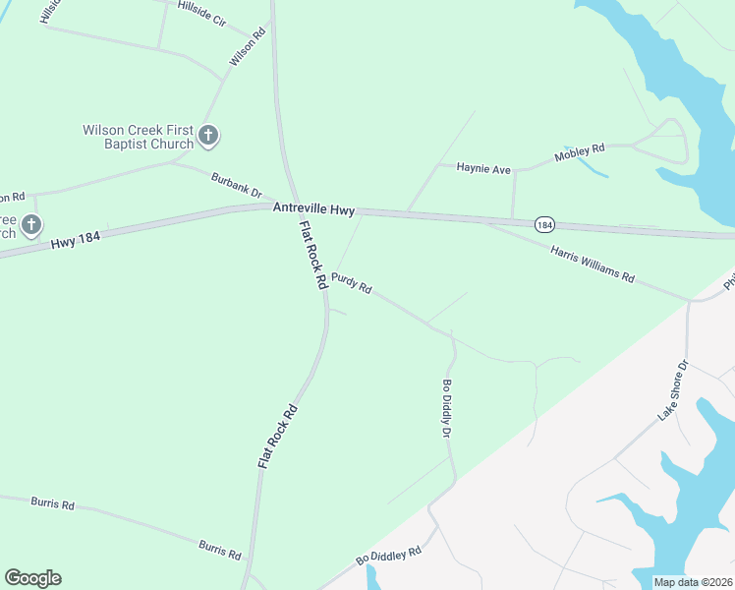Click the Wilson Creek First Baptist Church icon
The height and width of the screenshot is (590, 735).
(208, 136)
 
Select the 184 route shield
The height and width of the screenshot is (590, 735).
(544, 224)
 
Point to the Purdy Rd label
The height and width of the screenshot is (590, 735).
(351, 283)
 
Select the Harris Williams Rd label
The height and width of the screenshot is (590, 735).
(593, 263)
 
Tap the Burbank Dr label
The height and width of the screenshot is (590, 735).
(237, 184)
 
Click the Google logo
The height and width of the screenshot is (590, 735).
(32, 578)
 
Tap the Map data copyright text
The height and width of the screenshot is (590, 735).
(693, 582)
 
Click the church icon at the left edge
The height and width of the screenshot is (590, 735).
(30, 226)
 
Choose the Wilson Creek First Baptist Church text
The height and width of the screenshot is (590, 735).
(138, 137)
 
